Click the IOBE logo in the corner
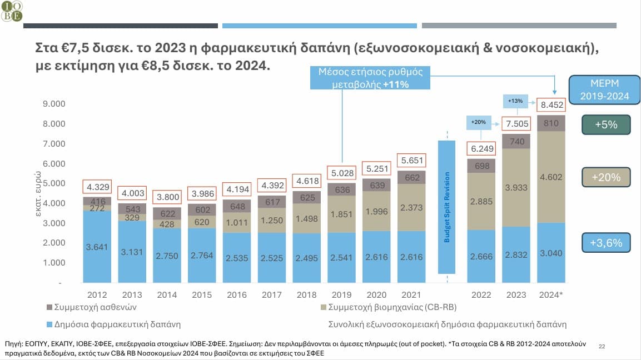pyautogui.click(x=12, y=11)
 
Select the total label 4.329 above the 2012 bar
pyautogui.click(x=97, y=186)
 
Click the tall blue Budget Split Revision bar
pyautogui.click(x=447, y=207)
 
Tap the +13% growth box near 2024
pyautogui.click(x=515, y=102)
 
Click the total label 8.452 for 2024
pyautogui.click(x=551, y=104)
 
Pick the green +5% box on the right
pyautogui.click(x=606, y=125)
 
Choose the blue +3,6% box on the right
pyautogui.click(x=606, y=243)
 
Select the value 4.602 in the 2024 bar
pyautogui.click(x=551, y=178)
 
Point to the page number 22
pyautogui.click(x=602, y=346)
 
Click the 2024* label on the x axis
pyautogui.click(x=551, y=295)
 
